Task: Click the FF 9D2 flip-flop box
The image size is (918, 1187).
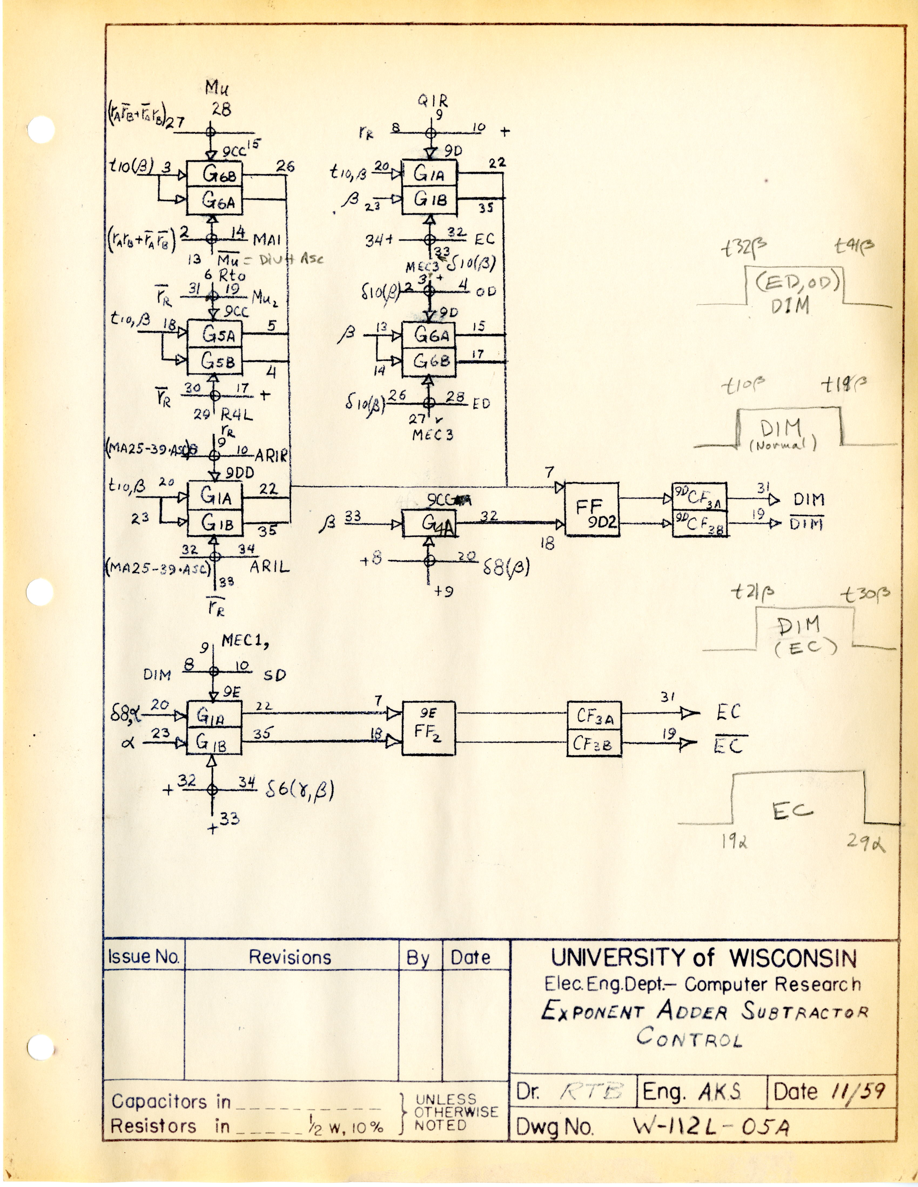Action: [592, 509]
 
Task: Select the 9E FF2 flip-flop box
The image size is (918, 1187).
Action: [429, 728]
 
